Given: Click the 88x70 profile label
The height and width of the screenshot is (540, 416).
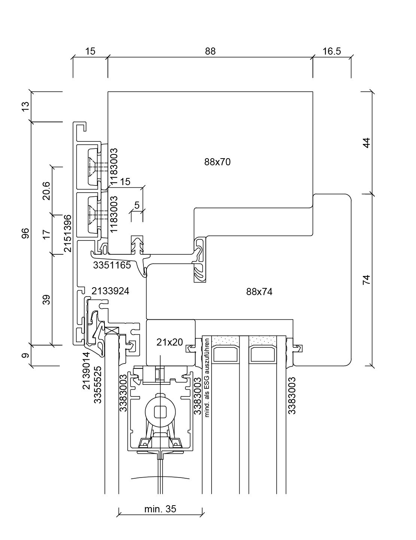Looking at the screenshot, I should coord(217,162).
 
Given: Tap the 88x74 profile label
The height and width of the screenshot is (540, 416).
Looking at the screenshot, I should coord(259,292).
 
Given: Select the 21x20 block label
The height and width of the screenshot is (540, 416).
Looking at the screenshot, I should coord(170,342).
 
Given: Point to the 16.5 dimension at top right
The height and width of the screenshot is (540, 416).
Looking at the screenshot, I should coord(332,51).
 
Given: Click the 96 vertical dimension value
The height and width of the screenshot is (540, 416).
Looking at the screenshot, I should coord(25,234).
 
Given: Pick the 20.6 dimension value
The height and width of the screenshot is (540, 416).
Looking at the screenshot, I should coord(46,191).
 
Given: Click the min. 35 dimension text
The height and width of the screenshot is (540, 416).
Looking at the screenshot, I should coord(160,509).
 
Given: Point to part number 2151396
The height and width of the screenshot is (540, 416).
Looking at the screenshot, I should coord(67,233).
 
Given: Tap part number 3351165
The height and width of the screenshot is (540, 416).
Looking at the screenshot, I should coord(112,266).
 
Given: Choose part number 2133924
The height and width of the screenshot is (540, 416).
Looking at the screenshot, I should coord(110,291).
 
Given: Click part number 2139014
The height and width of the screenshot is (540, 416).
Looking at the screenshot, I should coord(86,371).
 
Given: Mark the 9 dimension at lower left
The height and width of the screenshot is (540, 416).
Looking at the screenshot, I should coord(25,355).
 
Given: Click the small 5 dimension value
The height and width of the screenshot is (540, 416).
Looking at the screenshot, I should coord(137,205).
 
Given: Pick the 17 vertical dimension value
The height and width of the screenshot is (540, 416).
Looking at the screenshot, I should coord(46,234).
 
